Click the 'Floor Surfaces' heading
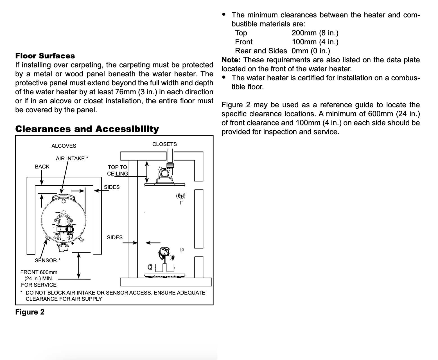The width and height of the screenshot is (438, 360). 45,56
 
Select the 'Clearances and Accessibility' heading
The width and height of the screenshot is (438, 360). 87,129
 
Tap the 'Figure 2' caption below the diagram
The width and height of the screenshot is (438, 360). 30,312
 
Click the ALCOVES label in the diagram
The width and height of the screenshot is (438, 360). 64,146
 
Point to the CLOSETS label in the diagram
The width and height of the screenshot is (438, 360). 164,144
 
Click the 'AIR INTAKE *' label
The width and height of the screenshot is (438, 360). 72,159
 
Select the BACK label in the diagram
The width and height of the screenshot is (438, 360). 42,167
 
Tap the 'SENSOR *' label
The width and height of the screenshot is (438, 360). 48,260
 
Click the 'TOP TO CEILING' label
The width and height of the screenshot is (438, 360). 118,170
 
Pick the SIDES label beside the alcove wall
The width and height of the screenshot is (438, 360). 112,187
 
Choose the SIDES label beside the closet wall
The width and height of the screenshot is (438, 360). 115,237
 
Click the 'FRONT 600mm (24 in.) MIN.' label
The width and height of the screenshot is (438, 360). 39,275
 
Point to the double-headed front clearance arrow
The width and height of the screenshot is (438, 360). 78,266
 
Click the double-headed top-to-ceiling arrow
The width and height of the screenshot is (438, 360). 147,172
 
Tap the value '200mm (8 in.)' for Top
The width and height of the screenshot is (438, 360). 315,33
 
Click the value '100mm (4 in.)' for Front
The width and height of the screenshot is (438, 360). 315,42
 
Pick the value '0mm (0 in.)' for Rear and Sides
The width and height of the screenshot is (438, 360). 311,51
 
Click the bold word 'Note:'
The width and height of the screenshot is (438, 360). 231,60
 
